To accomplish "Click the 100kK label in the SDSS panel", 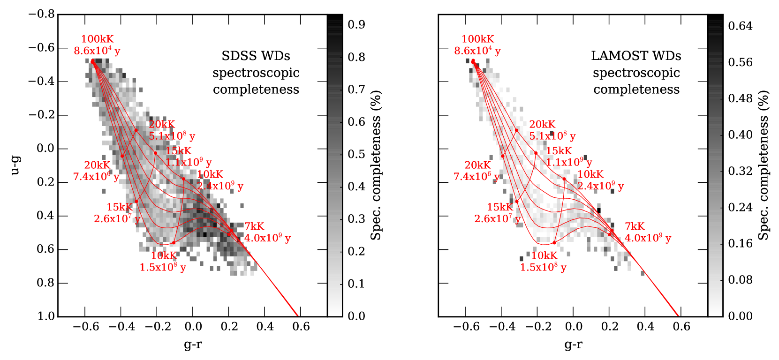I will [97, 39].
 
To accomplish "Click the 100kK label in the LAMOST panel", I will [477, 39].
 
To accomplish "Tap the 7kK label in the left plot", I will [254, 226].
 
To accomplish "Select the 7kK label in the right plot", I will [635, 226].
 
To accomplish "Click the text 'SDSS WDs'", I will [256, 56].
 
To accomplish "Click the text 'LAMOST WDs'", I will [636, 56].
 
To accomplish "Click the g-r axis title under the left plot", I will [193, 345].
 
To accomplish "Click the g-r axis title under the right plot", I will [573, 345].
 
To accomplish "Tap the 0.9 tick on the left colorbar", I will [356, 25].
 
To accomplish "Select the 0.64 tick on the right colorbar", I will [740, 26].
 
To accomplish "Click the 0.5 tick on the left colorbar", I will [356, 154].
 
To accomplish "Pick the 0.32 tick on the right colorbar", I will [740, 171].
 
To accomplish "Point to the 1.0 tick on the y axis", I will [46, 316].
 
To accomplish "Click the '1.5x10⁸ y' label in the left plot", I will [162, 267].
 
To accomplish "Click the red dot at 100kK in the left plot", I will [93, 61].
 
